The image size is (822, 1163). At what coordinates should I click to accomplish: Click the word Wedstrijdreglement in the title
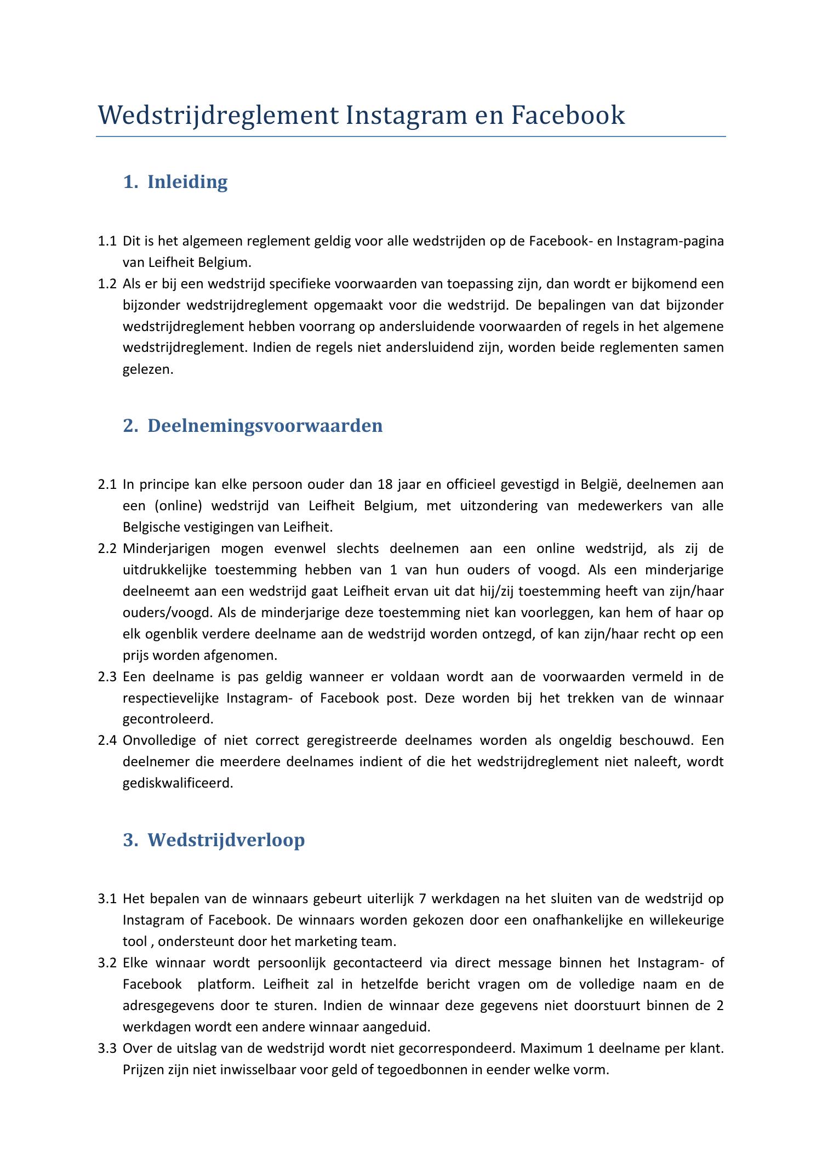pyautogui.click(x=218, y=116)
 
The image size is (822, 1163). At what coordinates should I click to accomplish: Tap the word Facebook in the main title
pyautogui.click(x=568, y=116)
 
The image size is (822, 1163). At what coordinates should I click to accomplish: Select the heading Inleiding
pyautogui.click(x=187, y=182)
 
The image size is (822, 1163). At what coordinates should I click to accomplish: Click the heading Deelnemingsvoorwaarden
pyautogui.click(x=265, y=425)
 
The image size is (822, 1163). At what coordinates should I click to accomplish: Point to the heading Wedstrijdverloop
pyautogui.click(x=226, y=840)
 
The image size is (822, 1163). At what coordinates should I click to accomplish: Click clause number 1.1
pyautogui.click(x=107, y=241)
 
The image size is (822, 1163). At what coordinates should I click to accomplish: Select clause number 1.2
pyautogui.click(x=107, y=284)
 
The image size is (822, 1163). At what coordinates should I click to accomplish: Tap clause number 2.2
pyautogui.click(x=107, y=549)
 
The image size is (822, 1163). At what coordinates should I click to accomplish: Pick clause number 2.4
pyautogui.click(x=107, y=740)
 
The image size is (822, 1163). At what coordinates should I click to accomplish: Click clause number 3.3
pyautogui.click(x=107, y=1048)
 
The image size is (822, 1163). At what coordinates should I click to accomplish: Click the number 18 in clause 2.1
pyautogui.click(x=385, y=484)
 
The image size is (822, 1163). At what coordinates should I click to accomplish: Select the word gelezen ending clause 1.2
pyautogui.click(x=147, y=369)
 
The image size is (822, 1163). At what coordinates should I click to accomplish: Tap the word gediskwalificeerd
pyautogui.click(x=178, y=783)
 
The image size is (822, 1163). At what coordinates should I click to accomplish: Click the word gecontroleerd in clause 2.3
pyautogui.click(x=168, y=719)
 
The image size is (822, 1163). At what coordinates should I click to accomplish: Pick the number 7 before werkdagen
pyautogui.click(x=421, y=899)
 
